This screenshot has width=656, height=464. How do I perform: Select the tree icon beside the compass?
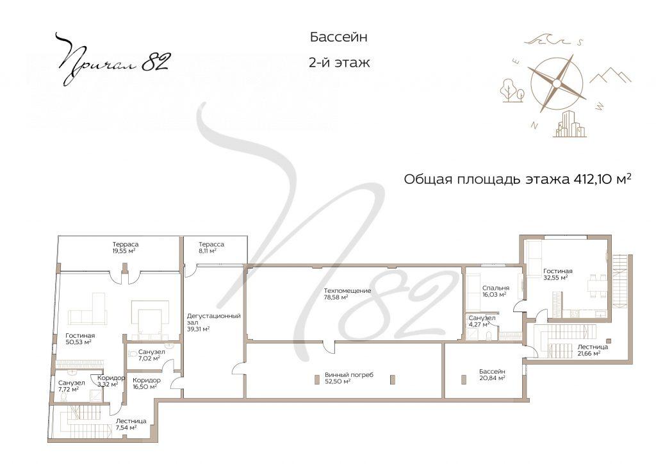point(512,90)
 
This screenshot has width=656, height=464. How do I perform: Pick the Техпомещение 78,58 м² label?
point(347,294)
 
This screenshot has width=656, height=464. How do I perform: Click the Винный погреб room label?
point(348,378)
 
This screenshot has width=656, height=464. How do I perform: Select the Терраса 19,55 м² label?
point(126,248)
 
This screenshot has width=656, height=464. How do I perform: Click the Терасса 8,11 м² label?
point(211,248)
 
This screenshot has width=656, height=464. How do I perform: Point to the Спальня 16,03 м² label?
point(496,292)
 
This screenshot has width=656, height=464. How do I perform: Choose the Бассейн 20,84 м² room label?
point(492,375)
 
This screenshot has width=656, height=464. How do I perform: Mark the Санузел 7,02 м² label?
point(151,355)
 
